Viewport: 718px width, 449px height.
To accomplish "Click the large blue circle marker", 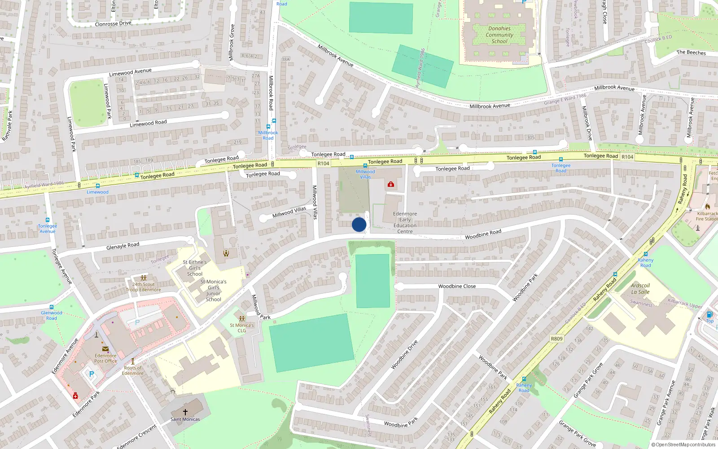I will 359,224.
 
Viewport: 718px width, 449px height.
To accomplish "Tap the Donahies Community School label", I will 499,35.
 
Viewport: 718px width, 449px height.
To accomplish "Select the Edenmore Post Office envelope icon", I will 105,349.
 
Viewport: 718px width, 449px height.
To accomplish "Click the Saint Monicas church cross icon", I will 185,412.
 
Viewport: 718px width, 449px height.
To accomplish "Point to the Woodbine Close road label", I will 457,286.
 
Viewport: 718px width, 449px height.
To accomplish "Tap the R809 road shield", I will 556,339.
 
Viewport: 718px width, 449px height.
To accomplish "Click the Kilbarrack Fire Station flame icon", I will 708,207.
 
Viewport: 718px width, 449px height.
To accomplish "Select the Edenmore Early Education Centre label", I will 405,223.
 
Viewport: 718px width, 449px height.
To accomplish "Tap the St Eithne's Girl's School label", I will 195,268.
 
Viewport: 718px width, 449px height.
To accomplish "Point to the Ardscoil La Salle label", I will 640,289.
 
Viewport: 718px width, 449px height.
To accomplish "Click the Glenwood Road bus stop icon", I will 52,307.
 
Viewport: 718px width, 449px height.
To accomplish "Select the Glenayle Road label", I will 123,246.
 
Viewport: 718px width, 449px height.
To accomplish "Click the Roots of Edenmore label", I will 133,370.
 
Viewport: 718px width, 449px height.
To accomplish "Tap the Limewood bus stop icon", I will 97,186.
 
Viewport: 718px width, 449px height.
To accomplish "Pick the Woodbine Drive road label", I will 404,355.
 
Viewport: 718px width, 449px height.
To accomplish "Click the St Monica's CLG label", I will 242,328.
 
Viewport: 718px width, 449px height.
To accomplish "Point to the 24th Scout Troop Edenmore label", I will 144,287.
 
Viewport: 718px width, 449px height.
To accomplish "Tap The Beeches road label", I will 691,53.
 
